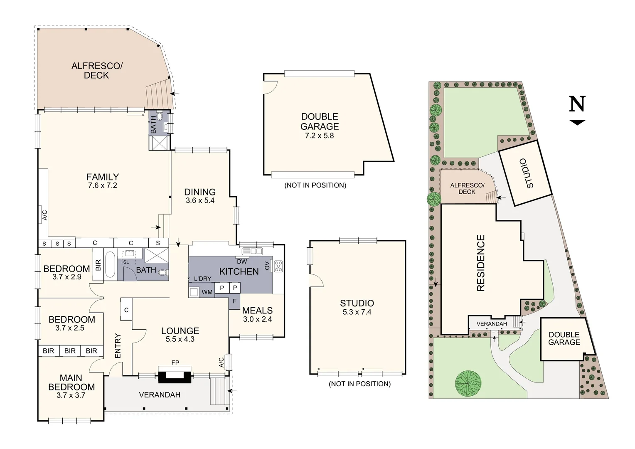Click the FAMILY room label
point(103,177)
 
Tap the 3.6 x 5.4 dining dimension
point(200,200)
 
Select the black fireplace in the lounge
point(175,377)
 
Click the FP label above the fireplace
point(175,363)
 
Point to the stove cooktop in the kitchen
point(278,266)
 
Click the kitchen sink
point(252,251)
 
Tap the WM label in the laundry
point(207,292)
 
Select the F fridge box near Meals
point(235,301)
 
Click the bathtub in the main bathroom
point(110,264)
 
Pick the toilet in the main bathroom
point(163,273)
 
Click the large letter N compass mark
point(578,104)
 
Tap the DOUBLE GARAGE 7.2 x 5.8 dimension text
point(320,136)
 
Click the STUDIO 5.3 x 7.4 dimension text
point(357,312)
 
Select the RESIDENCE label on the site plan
point(481,263)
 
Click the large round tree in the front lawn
point(468,383)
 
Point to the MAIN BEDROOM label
point(71,382)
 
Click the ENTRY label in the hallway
point(118,346)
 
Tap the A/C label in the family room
point(44,215)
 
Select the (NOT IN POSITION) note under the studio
point(360,384)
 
